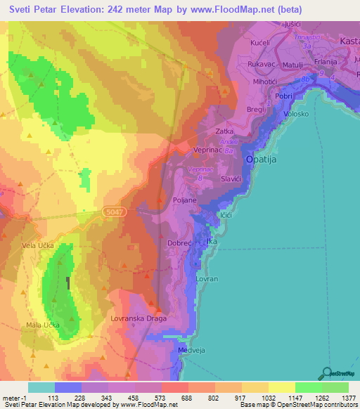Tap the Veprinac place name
tap(209, 150)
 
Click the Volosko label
tap(295, 114)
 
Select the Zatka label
tap(224, 131)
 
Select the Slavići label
tap(231, 179)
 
